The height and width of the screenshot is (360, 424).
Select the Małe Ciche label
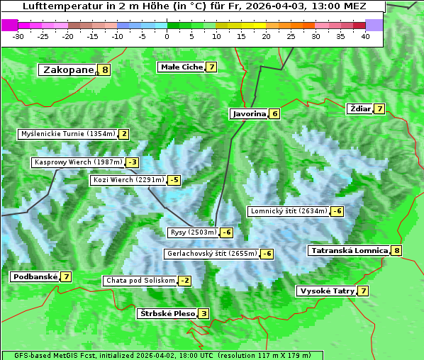coord(182,67)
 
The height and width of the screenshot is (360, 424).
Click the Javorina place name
coord(249,113)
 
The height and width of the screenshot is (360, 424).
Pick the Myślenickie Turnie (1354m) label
coord(67,134)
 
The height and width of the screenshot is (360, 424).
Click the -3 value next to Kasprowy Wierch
coord(132,162)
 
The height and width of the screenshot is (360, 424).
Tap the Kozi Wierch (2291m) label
coord(128,180)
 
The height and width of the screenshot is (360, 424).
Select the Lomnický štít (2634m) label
coord(289,211)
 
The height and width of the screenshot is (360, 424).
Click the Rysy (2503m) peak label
coord(193,232)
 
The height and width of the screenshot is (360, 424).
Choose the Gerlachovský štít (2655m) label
coord(211,254)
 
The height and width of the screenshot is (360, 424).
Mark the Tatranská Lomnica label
coord(350,250)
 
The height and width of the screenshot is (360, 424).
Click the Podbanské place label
coord(34,276)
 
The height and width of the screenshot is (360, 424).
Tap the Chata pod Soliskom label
coord(140,281)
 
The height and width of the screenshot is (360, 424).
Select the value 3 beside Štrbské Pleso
coord(203,314)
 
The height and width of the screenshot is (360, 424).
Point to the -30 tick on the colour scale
coord(18,36)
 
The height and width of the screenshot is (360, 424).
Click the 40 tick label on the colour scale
coord(365,36)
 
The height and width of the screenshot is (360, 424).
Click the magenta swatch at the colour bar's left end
coord(10,25)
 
